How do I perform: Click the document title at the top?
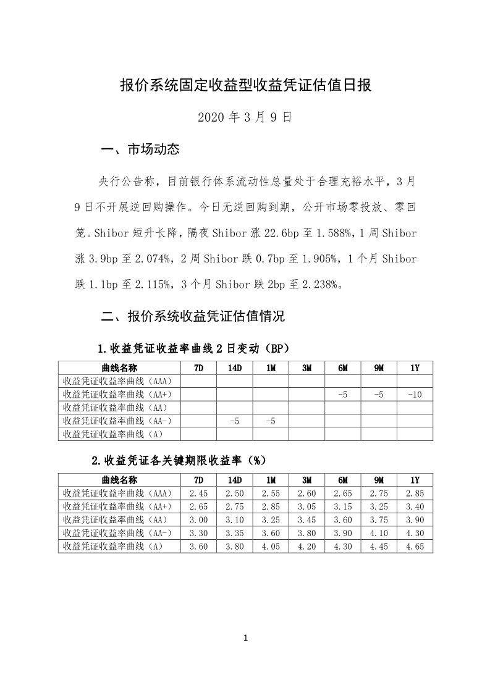point(245,85)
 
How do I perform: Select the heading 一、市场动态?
point(140,149)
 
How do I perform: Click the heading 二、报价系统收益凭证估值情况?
point(193,317)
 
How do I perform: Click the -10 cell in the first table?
point(415,395)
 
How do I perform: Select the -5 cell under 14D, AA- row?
point(235,421)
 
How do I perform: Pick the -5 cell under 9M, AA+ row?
point(379,395)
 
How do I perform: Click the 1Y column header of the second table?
point(415,481)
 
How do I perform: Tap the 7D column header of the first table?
point(199,368)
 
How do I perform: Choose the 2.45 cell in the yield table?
point(199,493)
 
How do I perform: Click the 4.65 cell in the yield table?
point(415,546)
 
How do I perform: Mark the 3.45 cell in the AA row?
point(306,519)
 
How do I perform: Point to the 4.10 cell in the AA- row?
point(379,532)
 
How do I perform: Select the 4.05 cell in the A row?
point(271,546)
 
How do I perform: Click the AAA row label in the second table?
point(120,493)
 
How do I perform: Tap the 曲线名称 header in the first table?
point(120,368)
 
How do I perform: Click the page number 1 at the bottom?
point(245,638)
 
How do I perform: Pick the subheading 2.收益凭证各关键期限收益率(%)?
point(178,460)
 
